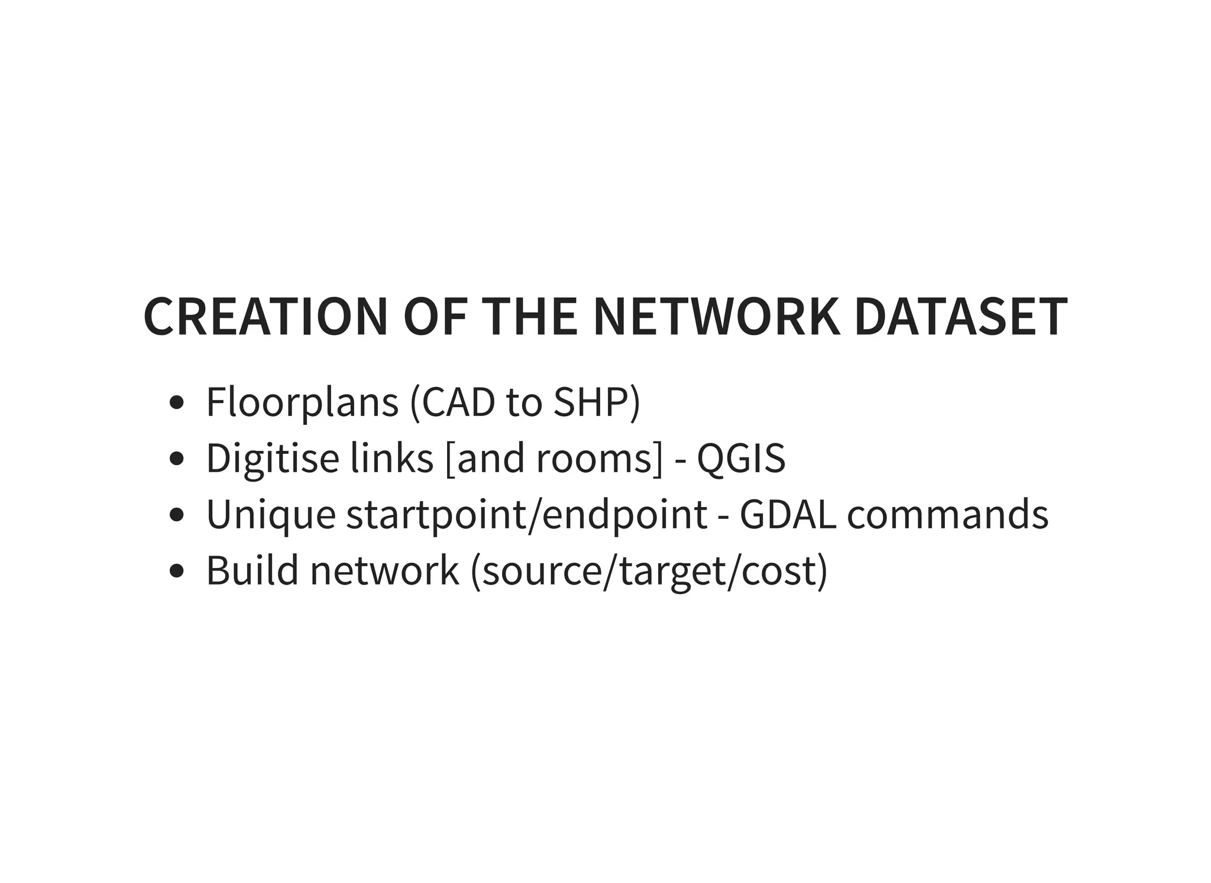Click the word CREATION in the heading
tap(265, 317)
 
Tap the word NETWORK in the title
tap(716, 317)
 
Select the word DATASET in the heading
tap(961, 317)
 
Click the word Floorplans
tap(302, 403)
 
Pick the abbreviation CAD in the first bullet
tap(458, 403)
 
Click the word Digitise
tap(273, 459)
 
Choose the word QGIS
tap(741, 459)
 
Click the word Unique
tap(271, 514)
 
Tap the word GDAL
tap(788, 514)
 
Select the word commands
tap(947, 514)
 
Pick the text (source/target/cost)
tap(649, 572)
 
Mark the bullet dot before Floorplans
tap(176, 404)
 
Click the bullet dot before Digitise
tap(176, 459)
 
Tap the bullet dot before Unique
tap(176, 515)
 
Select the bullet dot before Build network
tap(176, 571)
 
